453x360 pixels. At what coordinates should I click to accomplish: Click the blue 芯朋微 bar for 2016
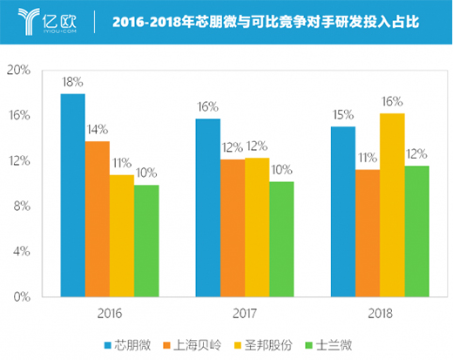click(x=72, y=195)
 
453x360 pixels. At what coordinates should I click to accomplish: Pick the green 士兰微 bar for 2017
click(x=281, y=239)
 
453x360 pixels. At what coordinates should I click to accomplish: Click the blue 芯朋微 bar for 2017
click(x=207, y=207)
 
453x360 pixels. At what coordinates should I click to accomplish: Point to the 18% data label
click(x=71, y=82)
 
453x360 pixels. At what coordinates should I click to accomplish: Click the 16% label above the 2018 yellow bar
click(x=392, y=101)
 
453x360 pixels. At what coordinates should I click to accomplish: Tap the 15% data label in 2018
click(x=342, y=114)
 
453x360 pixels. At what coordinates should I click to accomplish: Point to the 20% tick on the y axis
click(x=19, y=71)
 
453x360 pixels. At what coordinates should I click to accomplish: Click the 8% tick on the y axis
click(x=22, y=206)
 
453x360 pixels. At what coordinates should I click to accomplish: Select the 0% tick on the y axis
click(x=22, y=296)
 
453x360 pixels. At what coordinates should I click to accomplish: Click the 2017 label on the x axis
click(x=244, y=312)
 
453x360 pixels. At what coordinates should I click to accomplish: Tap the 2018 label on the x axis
click(x=379, y=312)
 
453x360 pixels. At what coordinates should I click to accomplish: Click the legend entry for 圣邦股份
click(x=262, y=343)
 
